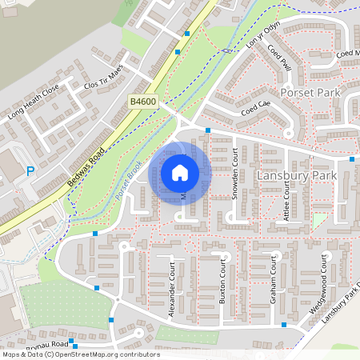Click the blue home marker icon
(180, 173)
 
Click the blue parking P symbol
(30, 170)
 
